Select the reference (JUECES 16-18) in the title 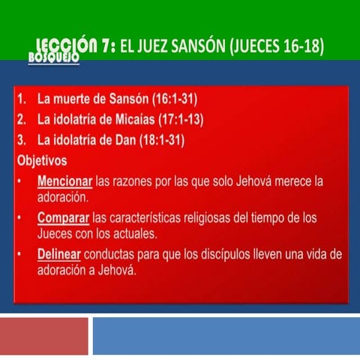[277, 47]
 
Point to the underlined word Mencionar [64, 181]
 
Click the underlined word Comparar [62, 217]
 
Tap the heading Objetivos [41, 160]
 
